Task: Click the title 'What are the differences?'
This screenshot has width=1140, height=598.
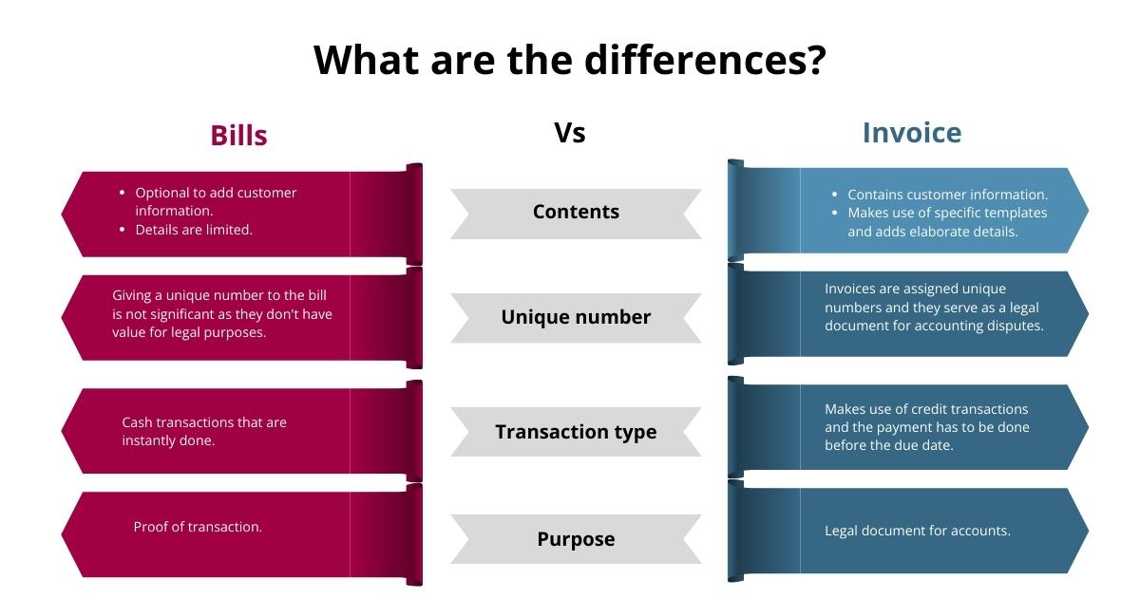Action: tap(569, 60)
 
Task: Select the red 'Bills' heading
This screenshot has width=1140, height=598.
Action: tap(238, 135)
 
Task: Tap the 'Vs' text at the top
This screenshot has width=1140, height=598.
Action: tap(569, 133)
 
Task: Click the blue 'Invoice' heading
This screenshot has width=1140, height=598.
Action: tap(911, 133)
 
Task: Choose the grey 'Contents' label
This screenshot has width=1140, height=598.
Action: tap(576, 212)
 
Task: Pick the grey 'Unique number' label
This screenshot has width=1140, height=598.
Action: tap(576, 317)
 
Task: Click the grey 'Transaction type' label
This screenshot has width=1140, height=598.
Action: tap(576, 432)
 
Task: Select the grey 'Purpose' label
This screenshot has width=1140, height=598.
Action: tap(576, 539)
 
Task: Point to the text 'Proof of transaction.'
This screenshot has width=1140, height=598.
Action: tap(198, 527)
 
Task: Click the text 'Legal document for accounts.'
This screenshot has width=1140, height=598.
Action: tap(917, 531)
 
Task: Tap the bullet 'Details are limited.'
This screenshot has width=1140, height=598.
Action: tap(194, 230)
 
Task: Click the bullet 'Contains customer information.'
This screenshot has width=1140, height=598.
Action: tap(947, 195)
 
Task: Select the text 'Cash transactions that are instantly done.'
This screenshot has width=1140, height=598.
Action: tap(203, 432)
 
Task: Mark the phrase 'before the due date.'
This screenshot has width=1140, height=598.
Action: tap(888, 445)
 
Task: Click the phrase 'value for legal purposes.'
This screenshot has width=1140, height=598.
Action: tap(189, 332)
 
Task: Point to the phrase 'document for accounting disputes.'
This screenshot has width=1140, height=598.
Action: tap(934, 326)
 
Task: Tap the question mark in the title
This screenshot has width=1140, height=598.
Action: tap(814, 60)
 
